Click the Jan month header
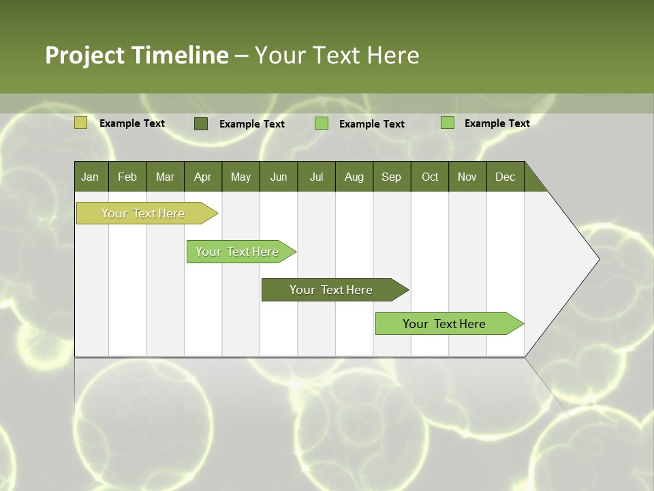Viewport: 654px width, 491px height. (x=90, y=177)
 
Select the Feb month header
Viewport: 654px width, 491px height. (x=127, y=177)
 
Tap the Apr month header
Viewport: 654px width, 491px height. (x=202, y=177)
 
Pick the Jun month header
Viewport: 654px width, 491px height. (x=279, y=177)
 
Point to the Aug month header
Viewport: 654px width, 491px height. (x=354, y=177)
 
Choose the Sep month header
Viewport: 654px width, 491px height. (x=391, y=177)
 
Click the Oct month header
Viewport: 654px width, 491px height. (x=430, y=177)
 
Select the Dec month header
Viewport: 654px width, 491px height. (x=505, y=177)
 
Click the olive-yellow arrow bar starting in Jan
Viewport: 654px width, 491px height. (x=143, y=213)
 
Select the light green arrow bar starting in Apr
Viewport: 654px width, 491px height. (x=237, y=252)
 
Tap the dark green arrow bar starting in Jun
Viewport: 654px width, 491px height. (x=331, y=290)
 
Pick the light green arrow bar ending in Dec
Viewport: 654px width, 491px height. (x=444, y=324)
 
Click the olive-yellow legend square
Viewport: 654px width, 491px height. (x=80, y=123)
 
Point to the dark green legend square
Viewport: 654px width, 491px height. (x=201, y=123)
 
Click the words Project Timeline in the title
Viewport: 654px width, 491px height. (x=136, y=55)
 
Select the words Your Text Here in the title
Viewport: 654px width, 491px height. (x=337, y=55)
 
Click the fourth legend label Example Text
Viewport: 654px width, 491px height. (x=497, y=123)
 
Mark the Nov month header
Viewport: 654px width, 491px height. (x=467, y=177)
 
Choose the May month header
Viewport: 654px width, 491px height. (x=240, y=177)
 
